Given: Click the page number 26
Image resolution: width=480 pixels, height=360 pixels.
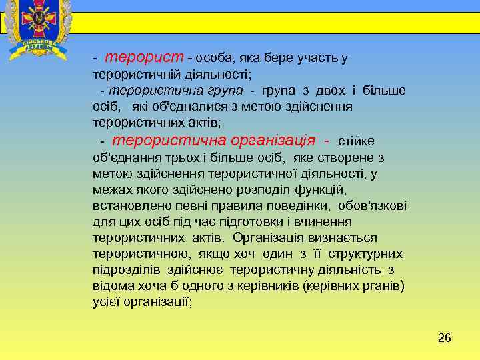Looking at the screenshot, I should coord(444,338).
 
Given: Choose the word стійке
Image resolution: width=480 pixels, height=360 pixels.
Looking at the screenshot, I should coord(357,141).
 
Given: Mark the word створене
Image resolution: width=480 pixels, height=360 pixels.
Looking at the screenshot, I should coord(351,158).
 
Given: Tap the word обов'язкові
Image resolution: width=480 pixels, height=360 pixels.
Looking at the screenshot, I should coord(373,206).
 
